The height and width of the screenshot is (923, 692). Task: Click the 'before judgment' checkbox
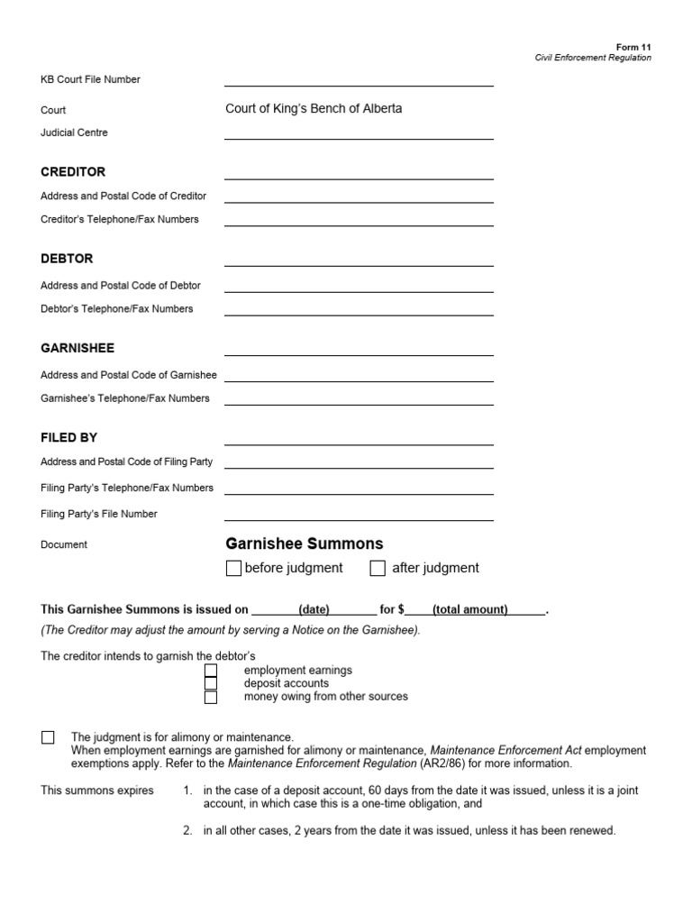[x=233, y=568]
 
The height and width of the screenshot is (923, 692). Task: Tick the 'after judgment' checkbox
[x=378, y=568]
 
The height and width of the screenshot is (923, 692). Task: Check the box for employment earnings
[x=211, y=671]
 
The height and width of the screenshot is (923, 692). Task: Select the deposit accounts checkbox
[x=211, y=683]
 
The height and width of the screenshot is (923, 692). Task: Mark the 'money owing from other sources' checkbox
[x=211, y=697]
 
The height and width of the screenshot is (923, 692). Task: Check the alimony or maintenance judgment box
[x=48, y=737]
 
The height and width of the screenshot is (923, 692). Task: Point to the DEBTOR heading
[x=67, y=259]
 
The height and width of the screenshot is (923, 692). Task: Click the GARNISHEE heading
[x=77, y=348]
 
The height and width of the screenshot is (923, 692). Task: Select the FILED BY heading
[x=68, y=437]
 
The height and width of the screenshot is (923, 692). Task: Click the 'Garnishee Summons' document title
[x=304, y=544]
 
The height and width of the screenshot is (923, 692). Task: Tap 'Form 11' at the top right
[x=633, y=47]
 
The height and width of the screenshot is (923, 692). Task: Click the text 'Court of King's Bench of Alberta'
[x=314, y=109]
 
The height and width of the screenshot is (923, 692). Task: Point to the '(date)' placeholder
[x=314, y=610]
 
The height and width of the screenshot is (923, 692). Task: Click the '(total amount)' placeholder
[x=469, y=610]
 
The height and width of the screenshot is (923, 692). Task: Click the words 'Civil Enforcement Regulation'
[x=593, y=58]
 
